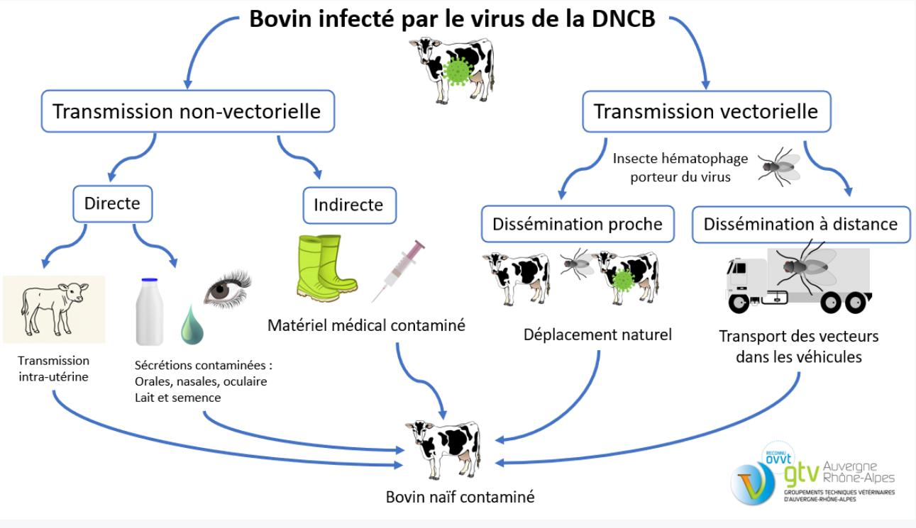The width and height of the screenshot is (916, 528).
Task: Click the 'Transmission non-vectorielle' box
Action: coord(188,111)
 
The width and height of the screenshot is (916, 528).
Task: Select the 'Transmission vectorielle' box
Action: coord(707,111)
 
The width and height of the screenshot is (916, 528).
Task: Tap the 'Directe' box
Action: coord(112,204)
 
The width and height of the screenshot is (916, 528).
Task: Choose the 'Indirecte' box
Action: coord(350,205)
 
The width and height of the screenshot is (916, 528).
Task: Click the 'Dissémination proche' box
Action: coord(578,224)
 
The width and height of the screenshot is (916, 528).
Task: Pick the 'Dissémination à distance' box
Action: coord(801,224)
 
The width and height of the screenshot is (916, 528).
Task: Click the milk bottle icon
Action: coord(149,312)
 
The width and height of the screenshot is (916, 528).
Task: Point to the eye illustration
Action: coord(227,289)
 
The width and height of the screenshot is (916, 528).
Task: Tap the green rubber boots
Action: coord(326,268)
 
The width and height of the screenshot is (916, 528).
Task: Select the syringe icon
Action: coord(398,271)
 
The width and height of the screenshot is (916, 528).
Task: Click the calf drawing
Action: coord(54,309)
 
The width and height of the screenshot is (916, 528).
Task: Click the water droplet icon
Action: coord(192,326)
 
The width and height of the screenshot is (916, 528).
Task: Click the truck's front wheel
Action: coord(739,303)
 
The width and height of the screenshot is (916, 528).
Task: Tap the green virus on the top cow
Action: coord(458,71)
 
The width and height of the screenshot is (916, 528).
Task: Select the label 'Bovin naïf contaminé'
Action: coord(460,497)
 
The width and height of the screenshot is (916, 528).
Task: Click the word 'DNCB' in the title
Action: coord(623,19)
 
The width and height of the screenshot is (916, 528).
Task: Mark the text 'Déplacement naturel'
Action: coord(597,335)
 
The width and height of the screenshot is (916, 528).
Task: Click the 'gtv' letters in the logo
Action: coord(802,473)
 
